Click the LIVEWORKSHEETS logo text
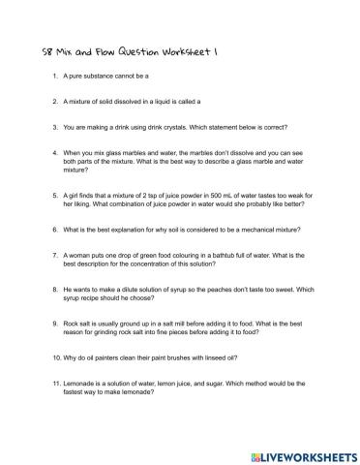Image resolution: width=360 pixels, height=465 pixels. [x=300, y=449]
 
